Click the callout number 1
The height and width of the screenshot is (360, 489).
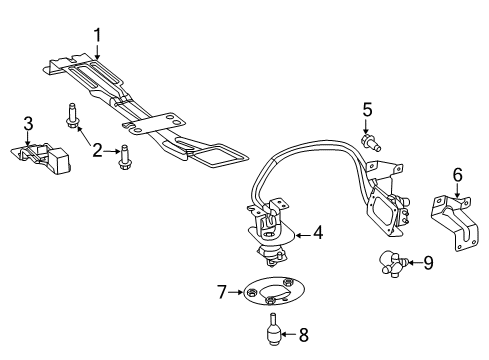[97, 36]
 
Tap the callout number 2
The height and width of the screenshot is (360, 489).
[97, 151]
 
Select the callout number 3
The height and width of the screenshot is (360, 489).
[28, 124]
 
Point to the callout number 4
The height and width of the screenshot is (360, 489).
[317, 233]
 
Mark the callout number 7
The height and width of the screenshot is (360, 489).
[223, 292]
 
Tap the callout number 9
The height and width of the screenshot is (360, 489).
[428, 263]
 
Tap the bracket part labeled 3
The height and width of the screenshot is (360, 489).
[42, 155]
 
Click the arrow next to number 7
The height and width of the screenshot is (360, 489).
[237, 292]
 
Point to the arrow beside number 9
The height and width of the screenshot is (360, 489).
[412, 263]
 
